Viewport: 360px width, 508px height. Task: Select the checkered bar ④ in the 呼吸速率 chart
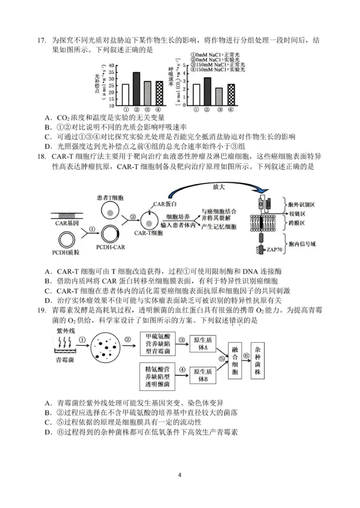pyautogui.click(x=231, y=94)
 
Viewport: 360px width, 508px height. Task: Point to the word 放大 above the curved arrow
pyautogui.click(x=225, y=185)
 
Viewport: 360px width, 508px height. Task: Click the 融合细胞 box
pyautogui.click(x=237, y=358)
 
